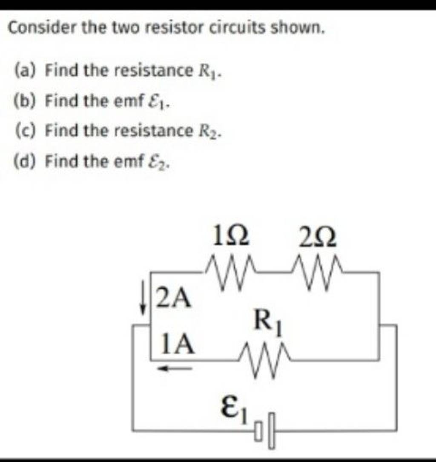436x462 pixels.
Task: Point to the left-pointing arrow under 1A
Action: [x=175, y=369]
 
